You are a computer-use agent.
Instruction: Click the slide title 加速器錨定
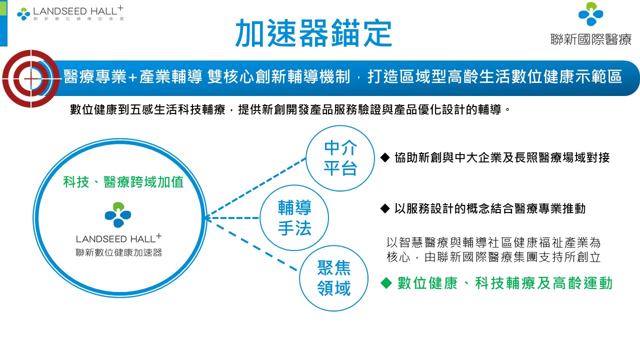tap(313, 33)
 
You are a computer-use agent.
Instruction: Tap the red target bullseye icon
tap(30, 78)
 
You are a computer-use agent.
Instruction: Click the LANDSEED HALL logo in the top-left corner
tap(70, 13)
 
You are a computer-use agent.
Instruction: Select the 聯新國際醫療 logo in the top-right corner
tap(590, 24)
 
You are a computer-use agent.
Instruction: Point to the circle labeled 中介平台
tap(340, 158)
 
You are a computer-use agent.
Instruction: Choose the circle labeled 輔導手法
tap(294, 217)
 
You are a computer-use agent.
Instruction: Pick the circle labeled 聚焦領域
tap(333, 278)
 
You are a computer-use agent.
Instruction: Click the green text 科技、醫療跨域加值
tap(123, 182)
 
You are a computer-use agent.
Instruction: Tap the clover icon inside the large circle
tap(118, 214)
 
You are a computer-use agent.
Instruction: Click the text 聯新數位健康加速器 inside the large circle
tap(118, 252)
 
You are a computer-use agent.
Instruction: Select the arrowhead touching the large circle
tap(207, 217)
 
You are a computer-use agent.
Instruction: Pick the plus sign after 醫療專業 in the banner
tap(132, 77)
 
